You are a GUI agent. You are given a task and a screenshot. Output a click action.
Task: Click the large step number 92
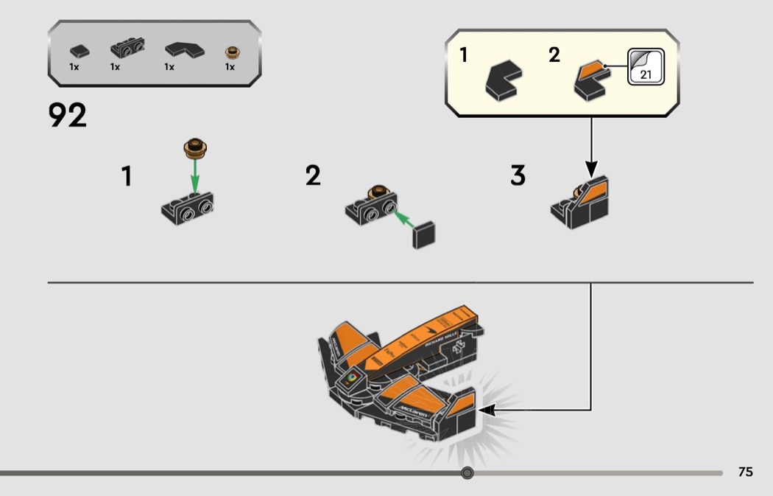[68, 116]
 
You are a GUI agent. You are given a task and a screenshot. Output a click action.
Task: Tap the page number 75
[745, 472]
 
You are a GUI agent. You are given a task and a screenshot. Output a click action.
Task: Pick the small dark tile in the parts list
[78, 52]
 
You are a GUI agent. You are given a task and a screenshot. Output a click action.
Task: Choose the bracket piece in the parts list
[127, 50]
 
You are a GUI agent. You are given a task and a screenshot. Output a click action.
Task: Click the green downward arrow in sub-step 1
[194, 172]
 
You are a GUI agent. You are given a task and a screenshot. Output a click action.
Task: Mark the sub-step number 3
[518, 176]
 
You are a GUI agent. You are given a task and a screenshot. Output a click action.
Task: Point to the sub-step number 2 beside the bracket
[314, 176]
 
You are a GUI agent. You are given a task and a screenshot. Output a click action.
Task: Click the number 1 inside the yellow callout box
[464, 55]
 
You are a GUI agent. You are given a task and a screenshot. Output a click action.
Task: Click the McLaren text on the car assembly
[414, 411]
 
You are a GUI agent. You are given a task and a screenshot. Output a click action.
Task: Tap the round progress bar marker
[467, 472]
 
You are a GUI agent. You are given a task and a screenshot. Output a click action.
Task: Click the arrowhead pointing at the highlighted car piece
[487, 408]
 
